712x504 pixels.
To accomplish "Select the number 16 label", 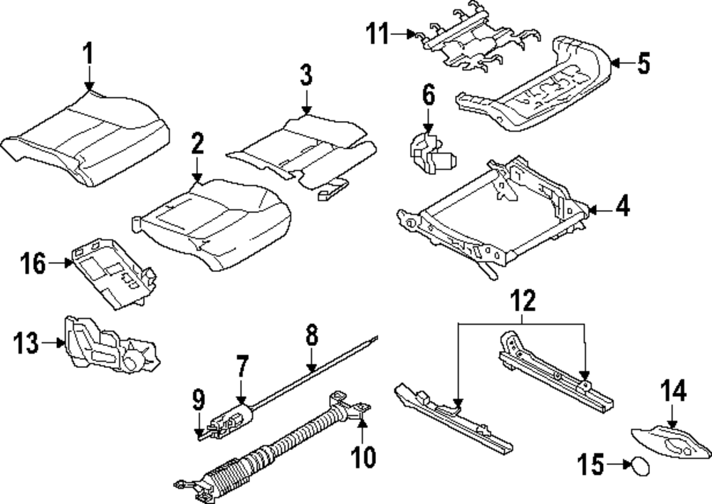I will click(32, 264).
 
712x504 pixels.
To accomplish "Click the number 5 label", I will click(643, 64).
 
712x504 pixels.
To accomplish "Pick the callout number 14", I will click(674, 391).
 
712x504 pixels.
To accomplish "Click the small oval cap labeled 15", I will click(638, 466).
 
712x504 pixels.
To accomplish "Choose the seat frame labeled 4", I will click(491, 214).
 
